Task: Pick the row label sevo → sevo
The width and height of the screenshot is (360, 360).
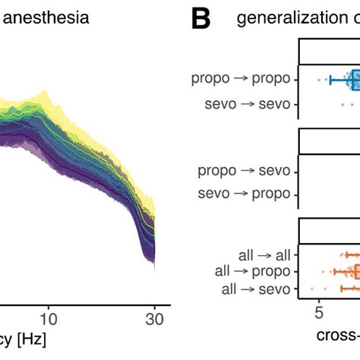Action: coord(248,103)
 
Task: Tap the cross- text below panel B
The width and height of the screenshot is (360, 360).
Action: coord(337,336)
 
